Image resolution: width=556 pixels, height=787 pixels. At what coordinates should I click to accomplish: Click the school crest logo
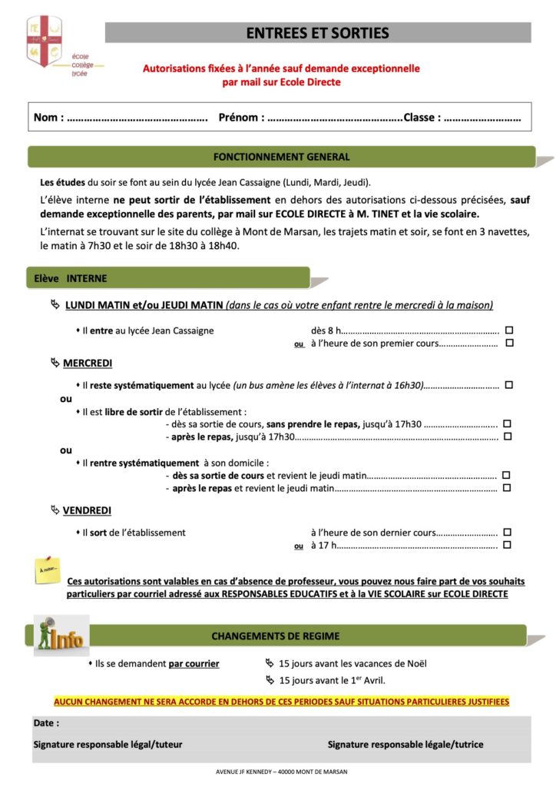tap(44, 42)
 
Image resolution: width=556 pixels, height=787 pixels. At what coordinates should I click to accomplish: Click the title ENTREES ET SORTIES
tap(317, 33)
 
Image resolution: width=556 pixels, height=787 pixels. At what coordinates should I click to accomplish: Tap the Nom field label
tap(46, 118)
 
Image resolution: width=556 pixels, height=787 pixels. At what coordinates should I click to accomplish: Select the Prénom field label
tap(241, 118)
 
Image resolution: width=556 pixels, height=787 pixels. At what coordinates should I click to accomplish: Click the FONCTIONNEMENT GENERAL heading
tap(281, 157)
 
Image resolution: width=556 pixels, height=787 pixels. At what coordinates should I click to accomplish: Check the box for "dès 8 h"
tap(508, 330)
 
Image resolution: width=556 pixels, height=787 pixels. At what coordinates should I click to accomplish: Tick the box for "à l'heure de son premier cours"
tap(508, 344)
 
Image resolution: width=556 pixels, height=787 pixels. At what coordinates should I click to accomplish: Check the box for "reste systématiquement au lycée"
tap(508, 384)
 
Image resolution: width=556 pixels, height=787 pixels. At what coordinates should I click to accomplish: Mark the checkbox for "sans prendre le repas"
tap(507, 423)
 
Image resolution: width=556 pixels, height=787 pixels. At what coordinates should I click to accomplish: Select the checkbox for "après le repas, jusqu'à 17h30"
tap(507, 437)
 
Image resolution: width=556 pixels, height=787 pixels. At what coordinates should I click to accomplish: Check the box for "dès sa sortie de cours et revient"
tap(507, 475)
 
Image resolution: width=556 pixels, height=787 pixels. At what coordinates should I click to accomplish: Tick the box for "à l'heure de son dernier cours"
tap(507, 532)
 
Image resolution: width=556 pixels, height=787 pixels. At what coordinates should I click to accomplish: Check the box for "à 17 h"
tap(507, 545)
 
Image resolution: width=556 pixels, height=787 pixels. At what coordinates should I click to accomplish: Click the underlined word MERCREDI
tap(88, 363)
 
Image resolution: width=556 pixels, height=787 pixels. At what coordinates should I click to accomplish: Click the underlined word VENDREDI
tap(87, 510)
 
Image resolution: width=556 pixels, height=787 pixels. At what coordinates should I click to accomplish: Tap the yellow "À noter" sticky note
tap(47, 571)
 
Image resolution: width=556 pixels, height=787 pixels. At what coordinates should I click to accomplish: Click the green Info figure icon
tap(61, 635)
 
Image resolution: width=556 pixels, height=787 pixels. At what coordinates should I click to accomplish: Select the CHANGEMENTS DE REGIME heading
tap(275, 636)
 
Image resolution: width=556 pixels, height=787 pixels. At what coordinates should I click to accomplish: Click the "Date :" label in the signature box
tap(46, 723)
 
